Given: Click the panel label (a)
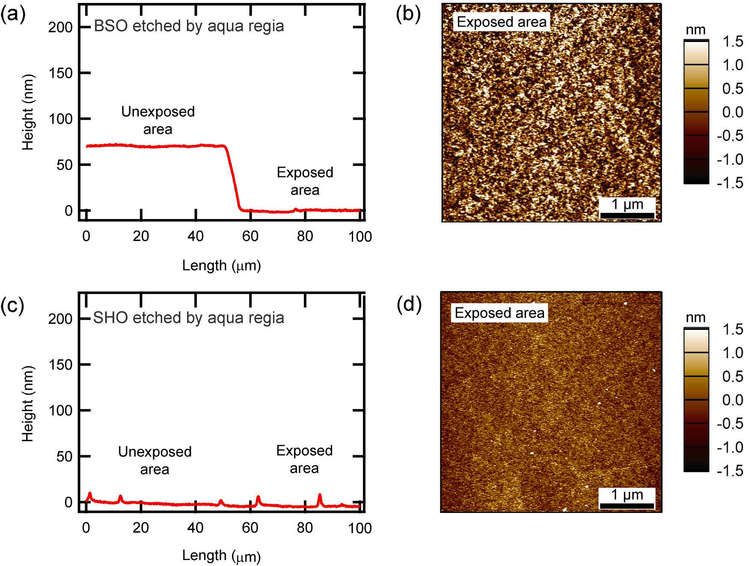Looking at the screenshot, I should (x=13, y=14).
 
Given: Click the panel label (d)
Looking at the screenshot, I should (x=409, y=304).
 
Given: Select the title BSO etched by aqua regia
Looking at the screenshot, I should (x=189, y=26).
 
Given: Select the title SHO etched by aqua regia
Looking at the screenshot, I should (x=188, y=318).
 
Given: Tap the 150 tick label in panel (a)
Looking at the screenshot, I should (x=60, y=73).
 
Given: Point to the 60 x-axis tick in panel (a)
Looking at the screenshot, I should (x=250, y=236).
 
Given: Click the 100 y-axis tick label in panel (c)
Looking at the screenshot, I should (x=60, y=411).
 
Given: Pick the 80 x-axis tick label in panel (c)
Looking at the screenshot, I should (x=305, y=528).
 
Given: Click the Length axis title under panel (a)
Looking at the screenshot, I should (x=221, y=266).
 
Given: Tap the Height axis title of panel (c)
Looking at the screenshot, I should (x=28, y=403).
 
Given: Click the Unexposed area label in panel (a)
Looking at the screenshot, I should (x=158, y=120).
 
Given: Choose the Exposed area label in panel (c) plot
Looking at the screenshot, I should (x=304, y=459).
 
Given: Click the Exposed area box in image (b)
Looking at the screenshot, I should (x=502, y=22).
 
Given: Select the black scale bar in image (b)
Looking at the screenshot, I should (x=627, y=215).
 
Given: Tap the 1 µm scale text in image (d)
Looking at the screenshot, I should (x=627, y=495).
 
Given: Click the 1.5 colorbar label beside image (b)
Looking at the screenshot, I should (x=732, y=41).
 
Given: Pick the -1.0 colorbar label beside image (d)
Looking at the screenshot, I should (x=730, y=447).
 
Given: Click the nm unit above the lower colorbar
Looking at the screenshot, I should (x=695, y=317).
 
